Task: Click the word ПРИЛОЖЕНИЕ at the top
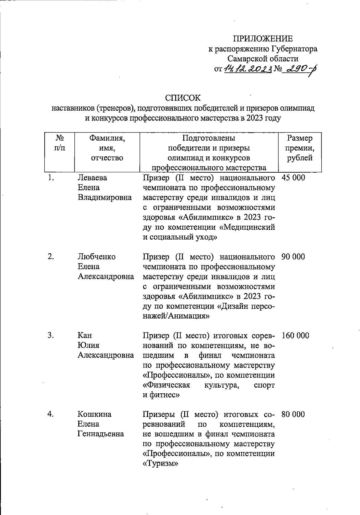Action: (263, 39)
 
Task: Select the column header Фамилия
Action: (107, 138)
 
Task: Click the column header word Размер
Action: (300, 138)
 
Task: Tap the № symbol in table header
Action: (60, 138)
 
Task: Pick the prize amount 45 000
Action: (293, 178)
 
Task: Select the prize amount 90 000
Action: (293, 257)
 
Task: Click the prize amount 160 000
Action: (295, 335)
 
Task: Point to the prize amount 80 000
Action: (293, 414)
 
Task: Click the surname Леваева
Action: (92, 178)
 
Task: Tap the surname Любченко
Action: (97, 257)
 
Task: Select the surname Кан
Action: (85, 335)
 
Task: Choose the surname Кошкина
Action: (94, 414)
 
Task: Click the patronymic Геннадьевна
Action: (101, 434)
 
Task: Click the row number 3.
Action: (50, 335)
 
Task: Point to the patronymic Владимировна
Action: (105, 197)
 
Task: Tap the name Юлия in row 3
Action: (88, 345)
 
